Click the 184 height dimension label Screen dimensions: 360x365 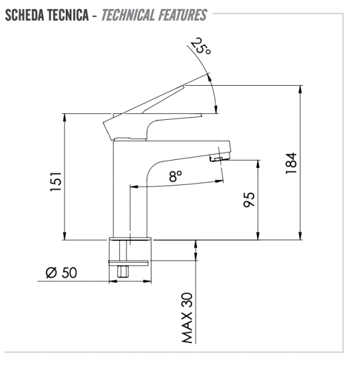291,163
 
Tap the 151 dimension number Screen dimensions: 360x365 56,182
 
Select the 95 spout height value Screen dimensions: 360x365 249,200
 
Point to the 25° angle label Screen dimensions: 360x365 201,46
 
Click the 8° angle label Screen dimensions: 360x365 176,176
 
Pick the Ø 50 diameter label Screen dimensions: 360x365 61,273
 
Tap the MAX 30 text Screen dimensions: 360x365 187,318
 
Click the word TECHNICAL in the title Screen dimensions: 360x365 128,15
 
